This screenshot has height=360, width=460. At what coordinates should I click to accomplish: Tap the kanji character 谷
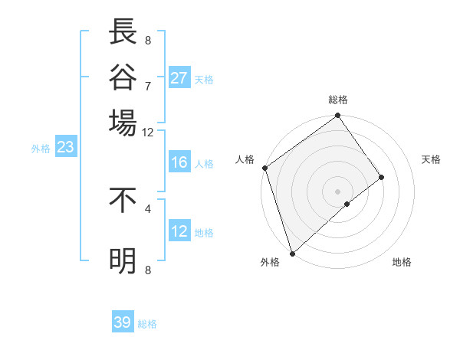tap(123, 77)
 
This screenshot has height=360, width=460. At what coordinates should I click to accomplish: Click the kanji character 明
tap(123, 261)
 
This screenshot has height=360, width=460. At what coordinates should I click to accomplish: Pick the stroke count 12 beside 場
tap(148, 132)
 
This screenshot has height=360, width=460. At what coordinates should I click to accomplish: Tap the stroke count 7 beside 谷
tap(148, 85)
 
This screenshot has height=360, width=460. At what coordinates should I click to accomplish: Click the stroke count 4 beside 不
tap(148, 208)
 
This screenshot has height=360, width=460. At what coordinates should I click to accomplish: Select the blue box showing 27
tap(179, 78)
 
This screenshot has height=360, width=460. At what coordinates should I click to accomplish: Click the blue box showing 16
tap(179, 162)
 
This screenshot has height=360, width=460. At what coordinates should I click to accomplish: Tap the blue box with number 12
tap(179, 231)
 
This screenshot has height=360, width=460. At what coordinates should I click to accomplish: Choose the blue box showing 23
tap(65, 148)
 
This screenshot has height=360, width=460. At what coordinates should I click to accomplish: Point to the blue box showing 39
tap(123, 322)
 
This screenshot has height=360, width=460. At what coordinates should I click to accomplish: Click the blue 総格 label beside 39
tap(147, 324)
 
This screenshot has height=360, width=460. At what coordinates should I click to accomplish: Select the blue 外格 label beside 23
tap(41, 149)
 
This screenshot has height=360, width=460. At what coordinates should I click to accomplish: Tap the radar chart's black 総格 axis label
tap(338, 100)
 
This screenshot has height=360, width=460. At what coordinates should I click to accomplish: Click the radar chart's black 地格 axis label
tap(402, 262)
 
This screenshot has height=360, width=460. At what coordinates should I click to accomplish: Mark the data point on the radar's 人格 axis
tap(264, 168)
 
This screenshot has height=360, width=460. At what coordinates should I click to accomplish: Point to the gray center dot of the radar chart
tap(337, 191)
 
